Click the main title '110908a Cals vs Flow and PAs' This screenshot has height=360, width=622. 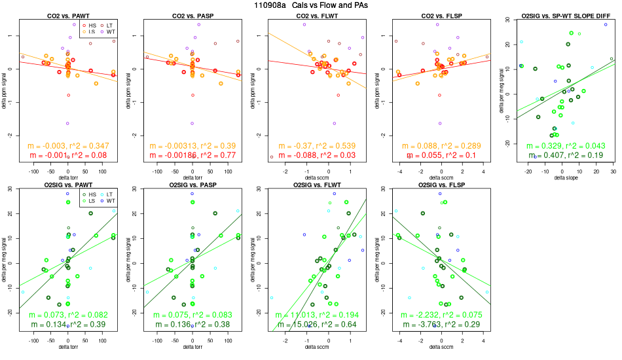click(310, 5)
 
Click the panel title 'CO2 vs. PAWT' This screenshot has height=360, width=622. click(68, 15)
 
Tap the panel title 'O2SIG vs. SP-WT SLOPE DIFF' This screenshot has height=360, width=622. click(560, 15)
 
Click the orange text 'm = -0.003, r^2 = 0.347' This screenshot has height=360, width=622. click(68, 145)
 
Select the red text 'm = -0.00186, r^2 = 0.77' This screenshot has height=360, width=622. click(192, 155)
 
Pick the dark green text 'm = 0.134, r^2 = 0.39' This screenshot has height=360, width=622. click(68, 325)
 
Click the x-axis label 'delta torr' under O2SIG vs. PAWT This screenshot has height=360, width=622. click(68, 347)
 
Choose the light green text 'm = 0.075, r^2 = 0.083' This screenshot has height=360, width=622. click(192, 315)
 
